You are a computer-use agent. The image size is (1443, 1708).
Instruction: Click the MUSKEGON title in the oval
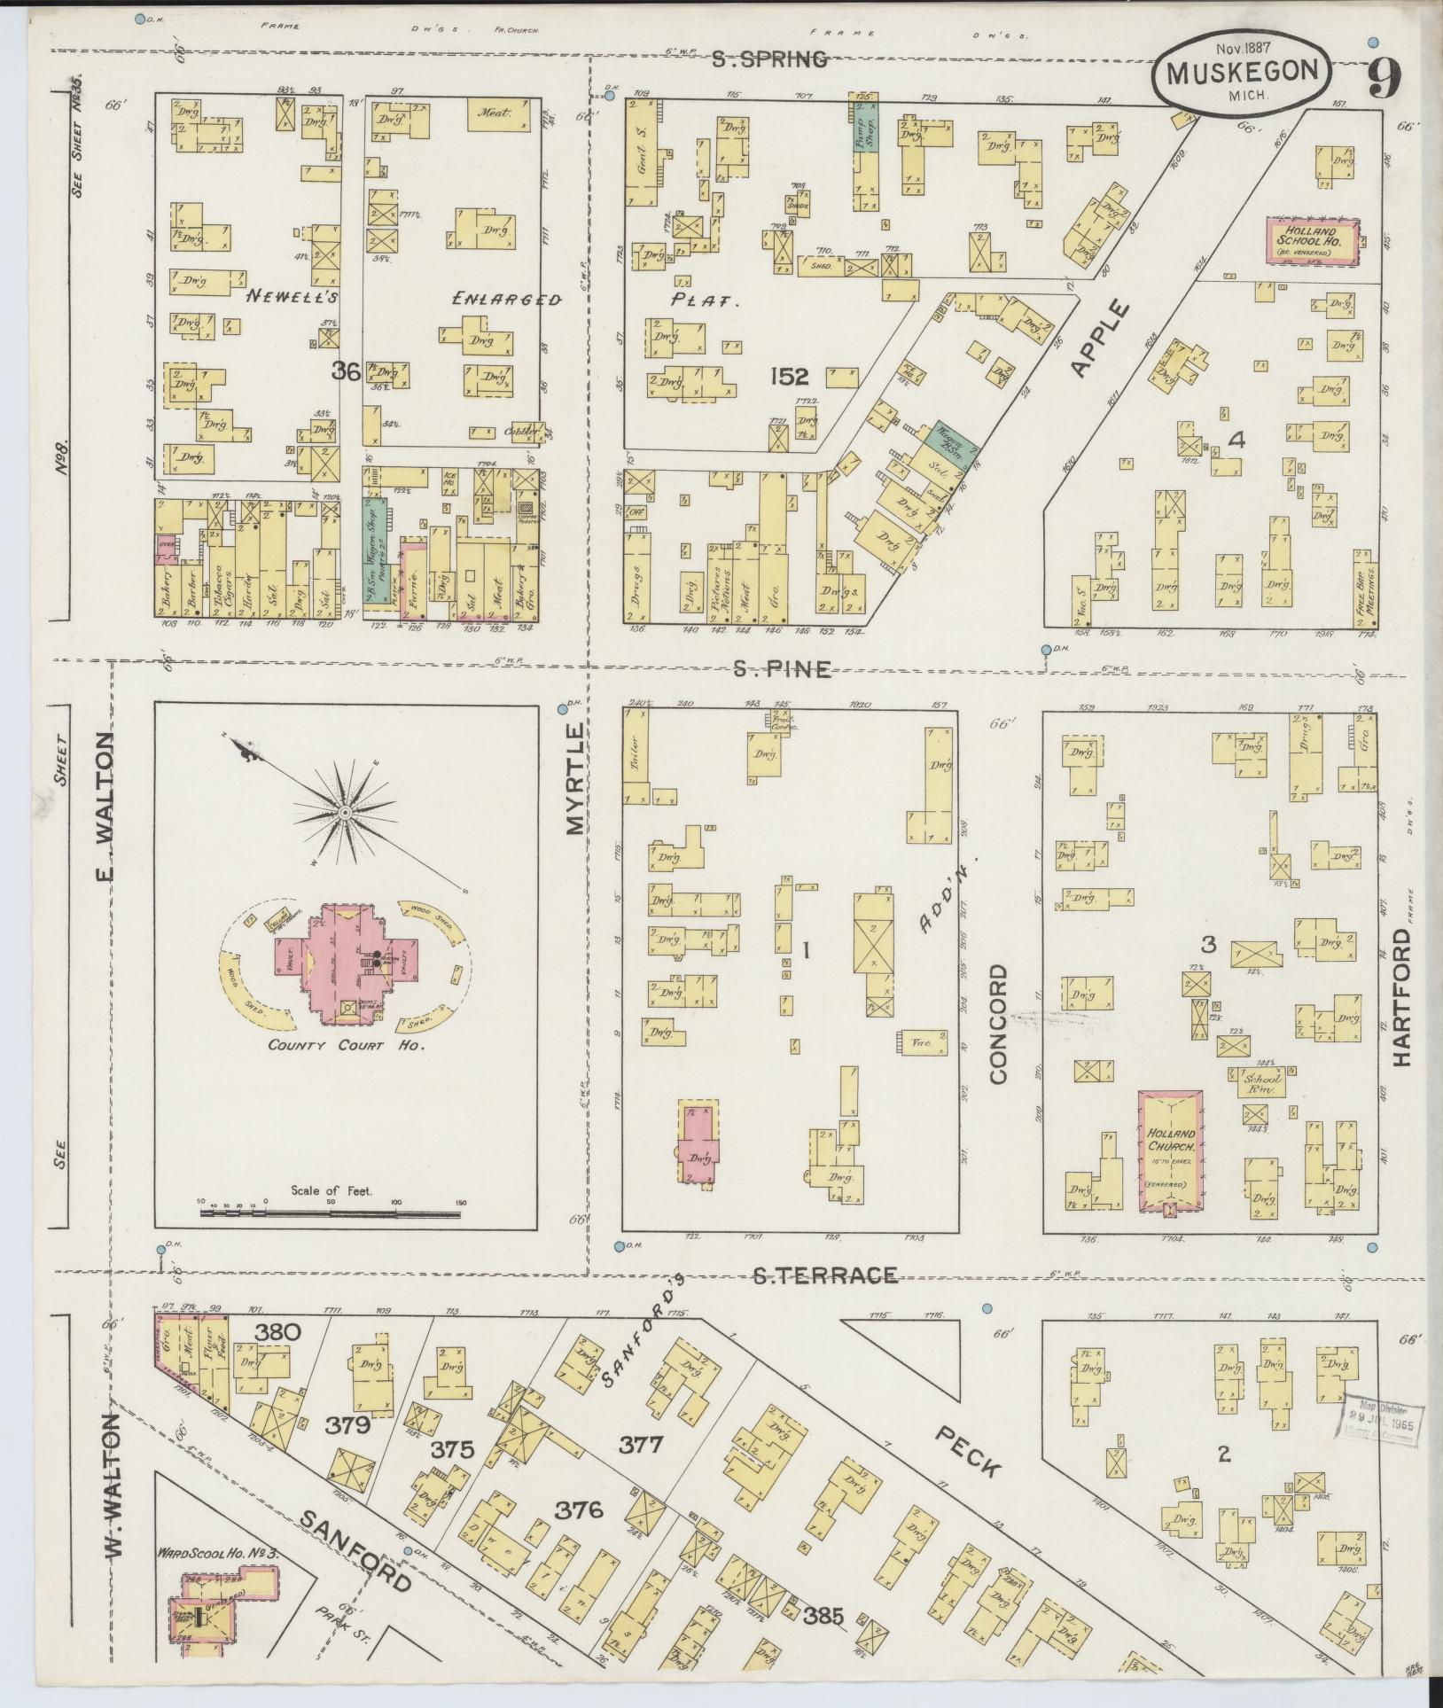tap(1241, 73)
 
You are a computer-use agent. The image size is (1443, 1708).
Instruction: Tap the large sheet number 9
tap(1384, 82)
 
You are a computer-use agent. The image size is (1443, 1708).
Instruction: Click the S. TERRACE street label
tap(825, 1275)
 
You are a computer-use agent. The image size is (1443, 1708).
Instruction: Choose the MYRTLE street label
tap(575, 780)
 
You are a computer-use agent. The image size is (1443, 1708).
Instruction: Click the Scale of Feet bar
tap(330, 1212)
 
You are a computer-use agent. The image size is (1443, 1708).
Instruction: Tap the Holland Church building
tap(1171, 1151)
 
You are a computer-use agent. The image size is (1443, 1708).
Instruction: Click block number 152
tap(789, 378)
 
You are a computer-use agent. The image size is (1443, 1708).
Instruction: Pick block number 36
tap(345, 373)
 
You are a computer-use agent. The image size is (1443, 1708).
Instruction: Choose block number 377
tap(641, 1446)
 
